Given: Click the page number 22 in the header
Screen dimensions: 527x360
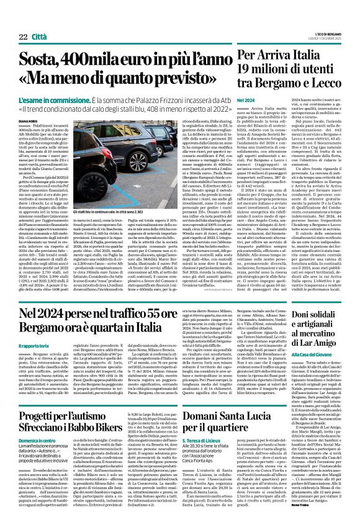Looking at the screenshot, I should [x=23, y=20].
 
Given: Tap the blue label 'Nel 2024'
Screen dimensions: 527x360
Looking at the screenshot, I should [x=246, y=100].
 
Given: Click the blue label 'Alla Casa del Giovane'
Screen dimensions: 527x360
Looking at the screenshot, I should [x=306, y=350].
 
